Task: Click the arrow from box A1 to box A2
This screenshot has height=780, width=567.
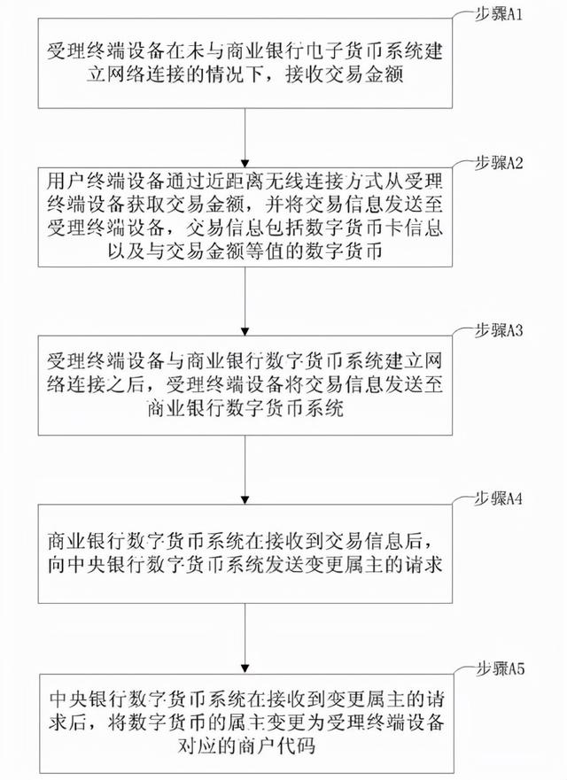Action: (247, 132)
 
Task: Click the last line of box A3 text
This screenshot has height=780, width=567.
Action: (247, 408)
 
